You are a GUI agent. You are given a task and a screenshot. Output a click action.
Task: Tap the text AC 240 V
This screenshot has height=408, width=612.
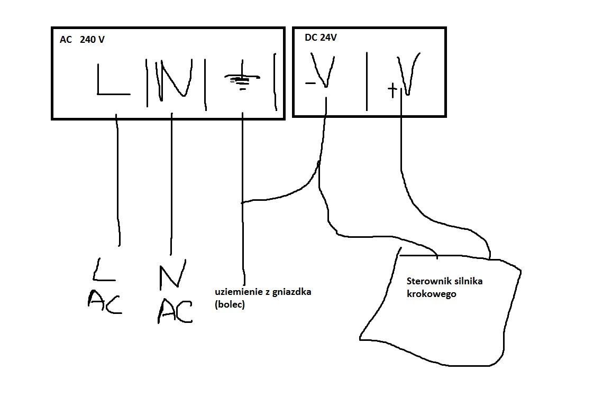82,40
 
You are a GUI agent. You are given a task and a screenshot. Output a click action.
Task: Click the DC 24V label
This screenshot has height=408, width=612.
321,38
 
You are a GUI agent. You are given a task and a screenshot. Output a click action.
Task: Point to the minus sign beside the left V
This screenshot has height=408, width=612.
310,83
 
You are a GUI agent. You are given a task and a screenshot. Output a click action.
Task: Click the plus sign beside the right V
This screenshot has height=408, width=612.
392,90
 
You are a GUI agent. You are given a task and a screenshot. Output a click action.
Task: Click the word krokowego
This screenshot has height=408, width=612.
431,294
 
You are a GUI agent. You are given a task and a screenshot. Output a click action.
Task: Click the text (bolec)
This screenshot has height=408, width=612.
230,304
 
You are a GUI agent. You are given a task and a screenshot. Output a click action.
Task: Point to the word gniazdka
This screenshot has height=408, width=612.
291,292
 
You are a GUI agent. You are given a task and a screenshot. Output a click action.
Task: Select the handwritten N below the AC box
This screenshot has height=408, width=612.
172,274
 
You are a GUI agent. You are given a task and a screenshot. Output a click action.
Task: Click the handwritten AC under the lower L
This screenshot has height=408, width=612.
105,301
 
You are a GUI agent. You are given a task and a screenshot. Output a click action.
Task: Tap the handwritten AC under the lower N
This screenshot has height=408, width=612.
175,311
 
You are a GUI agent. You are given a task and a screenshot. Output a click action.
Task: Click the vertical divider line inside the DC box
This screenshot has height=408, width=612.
367,81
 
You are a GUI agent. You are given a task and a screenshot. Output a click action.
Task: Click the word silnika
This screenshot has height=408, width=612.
467,281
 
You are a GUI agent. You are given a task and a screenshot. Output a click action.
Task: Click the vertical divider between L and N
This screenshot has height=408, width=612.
147,82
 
